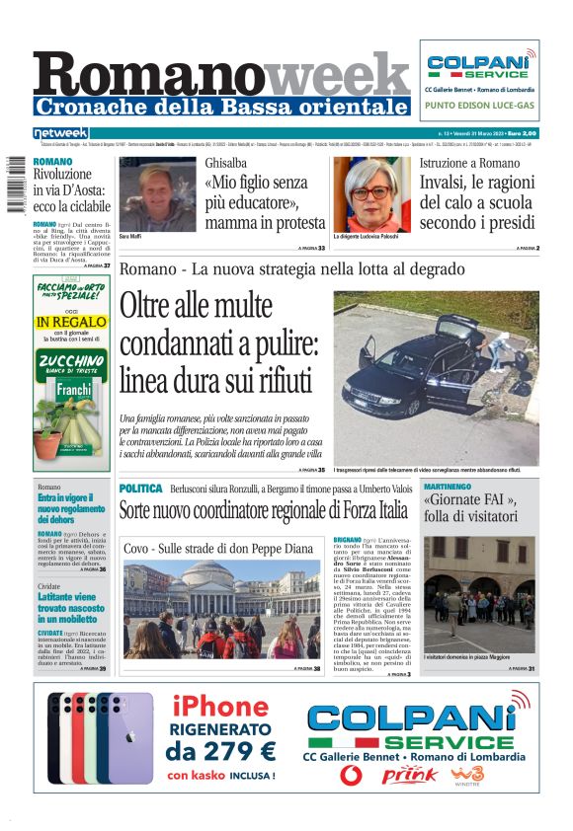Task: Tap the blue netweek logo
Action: [x=61, y=132]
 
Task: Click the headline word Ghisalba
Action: [x=226, y=162]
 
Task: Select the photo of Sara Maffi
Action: [x=157, y=194]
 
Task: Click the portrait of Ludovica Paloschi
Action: [x=370, y=194]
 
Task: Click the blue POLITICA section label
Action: [x=140, y=489]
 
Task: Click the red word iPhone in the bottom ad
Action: [x=219, y=707]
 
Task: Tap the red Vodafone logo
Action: [x=351, y=775]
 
